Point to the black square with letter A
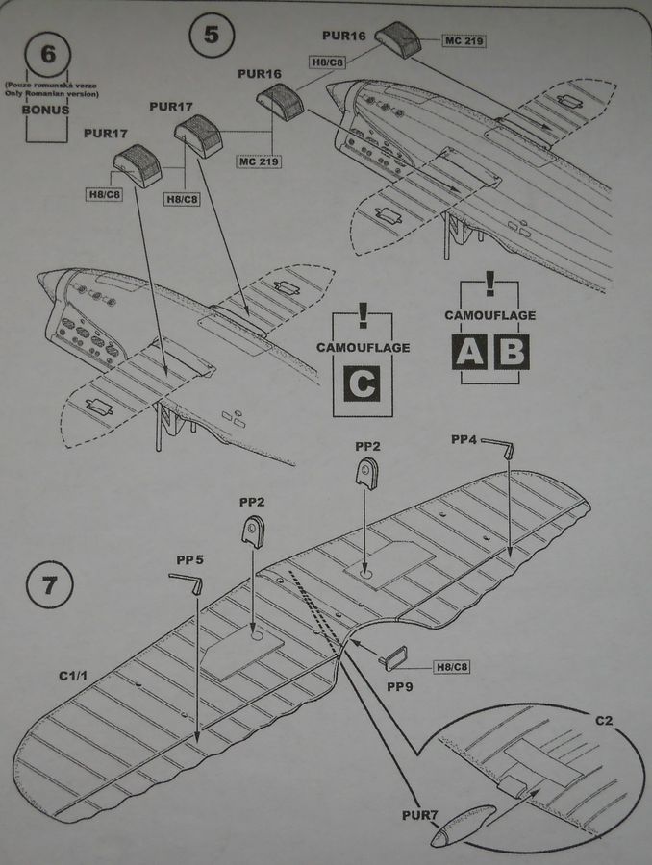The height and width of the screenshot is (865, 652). tap(470, 353)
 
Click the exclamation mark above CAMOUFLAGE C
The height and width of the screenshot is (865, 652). tap(363, 318)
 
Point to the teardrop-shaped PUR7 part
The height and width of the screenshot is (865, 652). tap(461, 818)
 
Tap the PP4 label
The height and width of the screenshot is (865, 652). tap(464, 439)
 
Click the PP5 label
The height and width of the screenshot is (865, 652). tap(189, 557)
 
